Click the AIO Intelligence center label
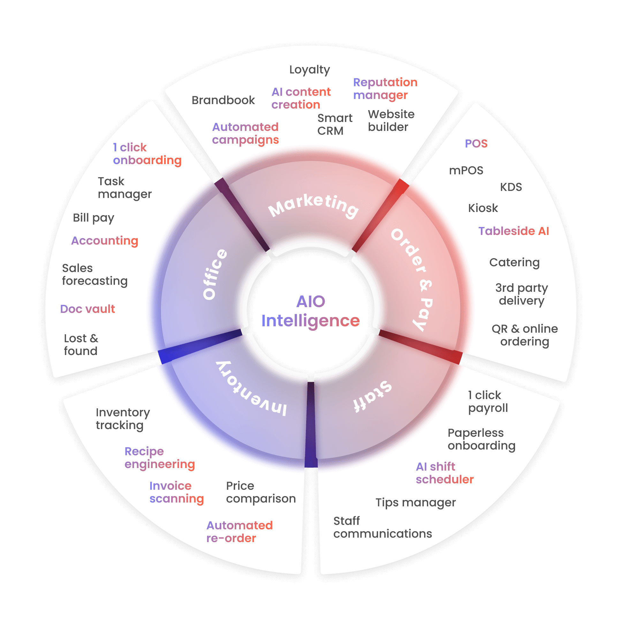pyautogui.click(x=310, y=311)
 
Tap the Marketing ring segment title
pyautogui.click(x=314, y=206)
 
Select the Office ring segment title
pyautogui.click(x=215, y=274)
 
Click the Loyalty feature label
pyautogui.click(x=309, y=70)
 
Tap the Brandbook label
pyautogui.click(x=223, y=101)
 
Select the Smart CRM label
pyautogui.click(x=335, y=125)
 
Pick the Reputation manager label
pyautogui.click(x=385, y=89)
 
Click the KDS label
pyautogui.click(x=511, y=187)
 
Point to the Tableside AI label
pyautogui.click(x=513, y=231)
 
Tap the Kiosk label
pyautogui.click(x=482, y=208)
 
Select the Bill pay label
pyautogui.click(x=93, y=218)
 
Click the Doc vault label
pyautogui.click(x=87, y=309)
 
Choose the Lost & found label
pyautogui.click(x=81, y=345)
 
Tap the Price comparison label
pyautogui.click(x=261, y=492)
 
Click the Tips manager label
pyautogui.click(x=415, y=503)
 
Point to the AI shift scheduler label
pyautogui.click(x=444, y=473)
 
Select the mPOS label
pyautogui.click(x=466, y=170)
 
